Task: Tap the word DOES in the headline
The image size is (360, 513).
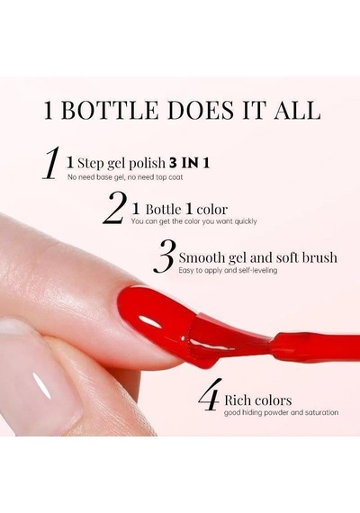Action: pos(201,111)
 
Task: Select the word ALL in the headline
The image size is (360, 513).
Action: pos(296,111)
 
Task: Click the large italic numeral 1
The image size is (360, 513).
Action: pos(52,163)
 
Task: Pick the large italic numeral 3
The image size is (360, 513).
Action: pos(165,256)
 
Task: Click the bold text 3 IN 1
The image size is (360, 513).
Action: pos(189,163)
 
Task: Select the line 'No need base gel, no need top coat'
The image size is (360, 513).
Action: pos(125,177)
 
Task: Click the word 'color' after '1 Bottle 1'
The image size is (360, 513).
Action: pos(212,210)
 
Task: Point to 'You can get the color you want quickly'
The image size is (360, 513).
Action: pos(193,221)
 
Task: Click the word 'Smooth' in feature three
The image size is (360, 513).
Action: pos(202,257)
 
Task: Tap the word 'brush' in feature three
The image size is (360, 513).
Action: pos(319,257)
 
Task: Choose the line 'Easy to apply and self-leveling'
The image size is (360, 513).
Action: pos(228,271)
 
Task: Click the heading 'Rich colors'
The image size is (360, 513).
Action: pos(258,400)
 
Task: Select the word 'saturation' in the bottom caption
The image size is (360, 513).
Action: pos(321,412)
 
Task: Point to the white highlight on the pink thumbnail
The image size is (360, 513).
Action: pos(43,387)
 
